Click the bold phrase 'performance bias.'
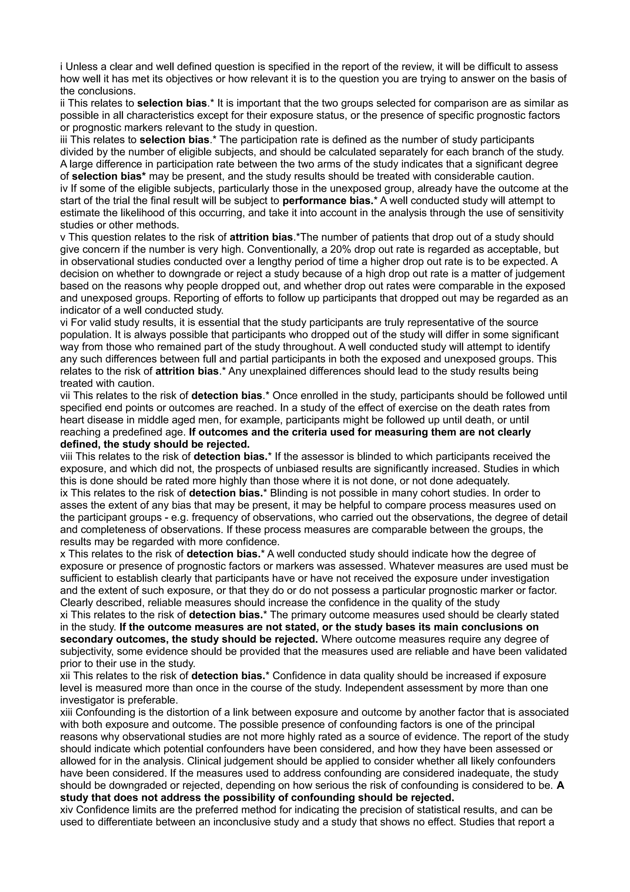click(x=328, y=201)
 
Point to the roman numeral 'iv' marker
click(x=64, y=188)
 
